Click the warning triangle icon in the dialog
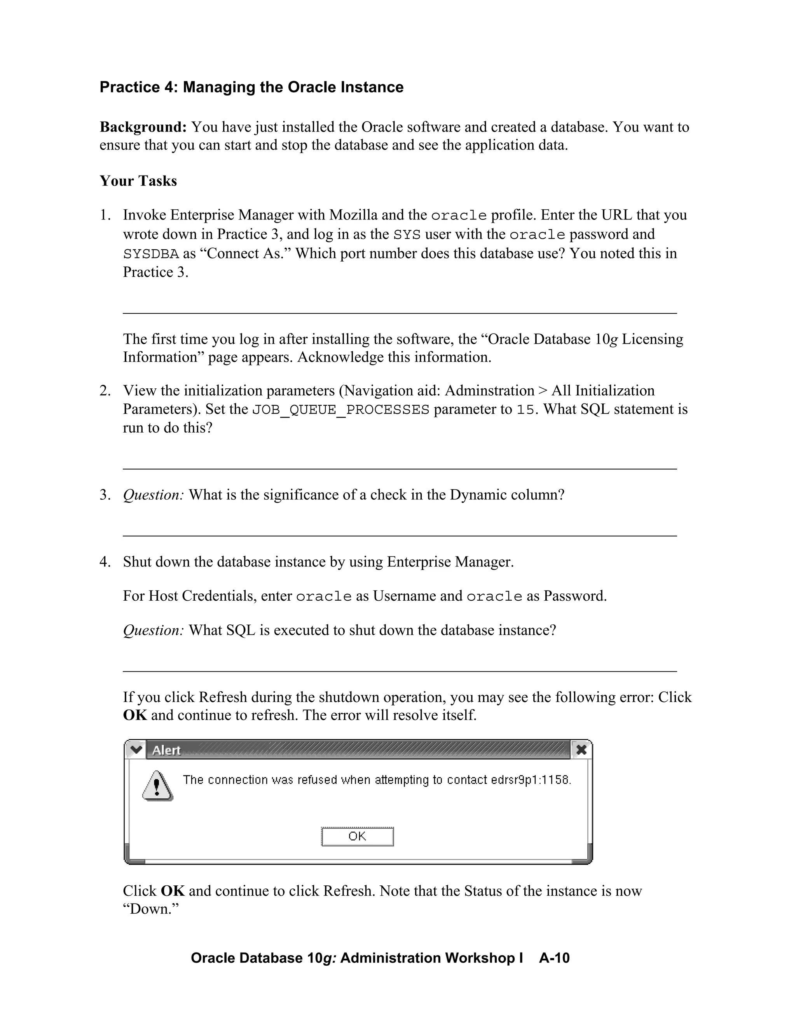(157, 786)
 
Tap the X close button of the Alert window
(581, 749)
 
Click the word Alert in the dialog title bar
(166, 750)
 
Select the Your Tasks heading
(138, 181)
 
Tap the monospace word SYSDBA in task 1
(151, 254)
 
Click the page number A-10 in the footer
(554, 958)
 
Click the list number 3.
(104, 495)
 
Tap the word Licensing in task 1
(652, 339)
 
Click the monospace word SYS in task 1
(407, 235)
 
